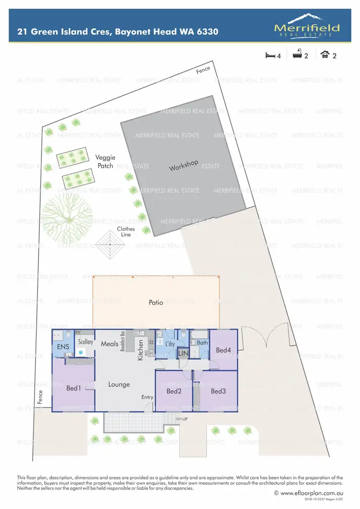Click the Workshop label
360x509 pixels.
[183, 166]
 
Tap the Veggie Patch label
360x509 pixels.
[105, 162]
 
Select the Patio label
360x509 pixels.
[156, 303]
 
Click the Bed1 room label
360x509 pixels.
[73, 388]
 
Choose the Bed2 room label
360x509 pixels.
[173, 391]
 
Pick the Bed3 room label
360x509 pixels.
[218, 391]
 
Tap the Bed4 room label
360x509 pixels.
[223, 350]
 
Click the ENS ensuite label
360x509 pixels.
[63, 346]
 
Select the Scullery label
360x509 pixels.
[85, 342]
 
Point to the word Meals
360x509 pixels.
[109, 344]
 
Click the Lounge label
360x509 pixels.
[119, 384]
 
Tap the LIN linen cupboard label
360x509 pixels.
[183, 354]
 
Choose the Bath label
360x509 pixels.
[202, 343]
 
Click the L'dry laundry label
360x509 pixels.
[169, 344]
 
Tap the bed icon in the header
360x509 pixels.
[270, 55]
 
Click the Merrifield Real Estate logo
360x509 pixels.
[307, 25]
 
